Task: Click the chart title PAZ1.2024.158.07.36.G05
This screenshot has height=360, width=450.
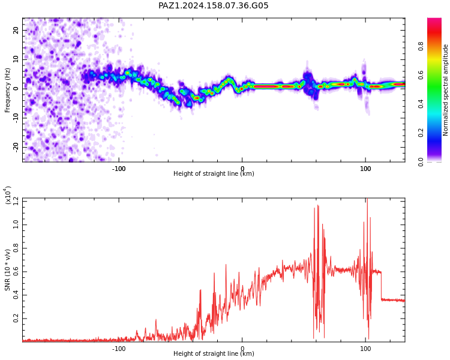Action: click(x=213, y=5)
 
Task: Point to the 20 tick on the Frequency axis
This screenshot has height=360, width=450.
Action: click(x=16, y=30)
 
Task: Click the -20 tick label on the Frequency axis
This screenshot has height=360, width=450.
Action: click(x=16, y=147)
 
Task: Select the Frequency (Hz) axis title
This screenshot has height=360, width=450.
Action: click(x=7, y=90)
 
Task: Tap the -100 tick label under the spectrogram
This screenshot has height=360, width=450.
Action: click(x=119, y=169)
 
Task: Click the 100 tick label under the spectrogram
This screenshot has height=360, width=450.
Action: click(x=365, y=169)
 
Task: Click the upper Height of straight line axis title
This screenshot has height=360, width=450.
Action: click(x=214, y=173)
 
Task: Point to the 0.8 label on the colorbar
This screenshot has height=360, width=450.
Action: click(x=421, y=46)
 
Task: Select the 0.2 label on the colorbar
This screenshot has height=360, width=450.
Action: click(x=421, y=133)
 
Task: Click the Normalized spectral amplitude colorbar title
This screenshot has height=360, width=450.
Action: click(x=445, y=90)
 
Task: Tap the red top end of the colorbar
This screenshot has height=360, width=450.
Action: click(x=434, y=20)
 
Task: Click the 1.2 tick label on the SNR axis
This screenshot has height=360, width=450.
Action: click(x=16, y=202)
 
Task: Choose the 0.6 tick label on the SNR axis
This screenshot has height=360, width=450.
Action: click(x=16, y=272)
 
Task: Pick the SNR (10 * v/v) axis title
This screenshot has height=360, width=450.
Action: click(x=7, y=270)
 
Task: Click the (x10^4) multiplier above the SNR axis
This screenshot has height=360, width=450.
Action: click(x=7, y=195)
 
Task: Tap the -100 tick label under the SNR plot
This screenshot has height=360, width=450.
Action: click(x=119, y=349)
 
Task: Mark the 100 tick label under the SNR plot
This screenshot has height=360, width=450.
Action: click(x=365, y=349)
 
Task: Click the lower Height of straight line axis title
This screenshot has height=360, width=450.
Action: click(x=214, y=353)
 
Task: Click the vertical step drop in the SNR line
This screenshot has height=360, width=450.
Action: click(x=382, y=286)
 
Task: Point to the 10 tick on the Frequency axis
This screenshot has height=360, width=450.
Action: click(x=16, y=59)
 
